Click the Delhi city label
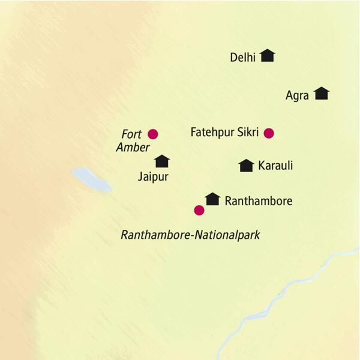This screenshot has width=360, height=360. [242, 58]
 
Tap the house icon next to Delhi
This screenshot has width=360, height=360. [268, 56]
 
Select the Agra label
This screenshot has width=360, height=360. [297, 95]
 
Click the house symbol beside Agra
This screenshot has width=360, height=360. [322, 93]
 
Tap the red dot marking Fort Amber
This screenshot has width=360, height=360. [152, 134]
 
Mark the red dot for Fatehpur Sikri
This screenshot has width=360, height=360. [269, 133]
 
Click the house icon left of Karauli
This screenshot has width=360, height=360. [245, 166]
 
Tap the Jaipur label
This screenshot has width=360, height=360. [152, 177]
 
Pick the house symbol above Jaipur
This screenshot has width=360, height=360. [162, 161]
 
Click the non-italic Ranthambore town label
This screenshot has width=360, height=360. [258, 201]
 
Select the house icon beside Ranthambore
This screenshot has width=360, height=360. [212, 199]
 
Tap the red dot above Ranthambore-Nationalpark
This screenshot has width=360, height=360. [199, 210]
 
